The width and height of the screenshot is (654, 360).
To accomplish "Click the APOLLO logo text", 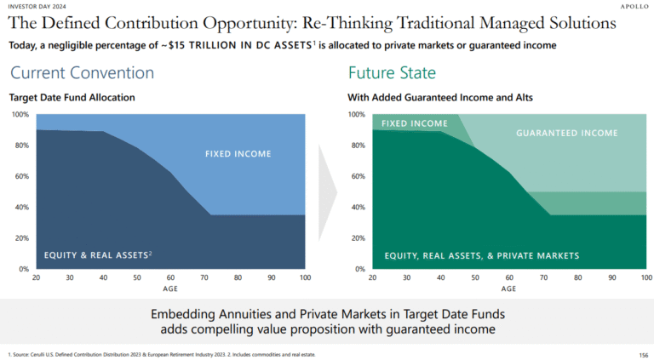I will coord(631,5).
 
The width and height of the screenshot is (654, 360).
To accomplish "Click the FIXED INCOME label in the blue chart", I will coord(238,154).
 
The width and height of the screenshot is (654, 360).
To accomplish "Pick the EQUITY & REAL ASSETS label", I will coord(98,254).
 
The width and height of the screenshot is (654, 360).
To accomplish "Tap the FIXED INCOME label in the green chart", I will coord(414,124).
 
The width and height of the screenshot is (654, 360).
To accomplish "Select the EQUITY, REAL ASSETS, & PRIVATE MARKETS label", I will coord(482,255).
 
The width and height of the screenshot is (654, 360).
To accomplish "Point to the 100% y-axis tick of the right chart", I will coord(357,115).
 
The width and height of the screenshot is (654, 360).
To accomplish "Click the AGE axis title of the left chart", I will coord(171,289).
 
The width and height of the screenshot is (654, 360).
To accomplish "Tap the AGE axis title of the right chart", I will coord(509,289).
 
